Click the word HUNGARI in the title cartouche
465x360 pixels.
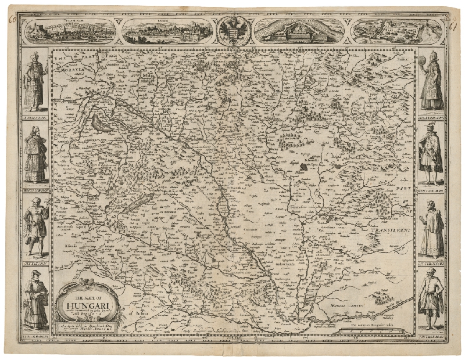pos(87,301)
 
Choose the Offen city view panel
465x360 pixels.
pos(168,30)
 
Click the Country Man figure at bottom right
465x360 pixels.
pos(430,299)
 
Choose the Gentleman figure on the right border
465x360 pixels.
pos(430,154)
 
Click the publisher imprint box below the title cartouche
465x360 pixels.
pos(87,327)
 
